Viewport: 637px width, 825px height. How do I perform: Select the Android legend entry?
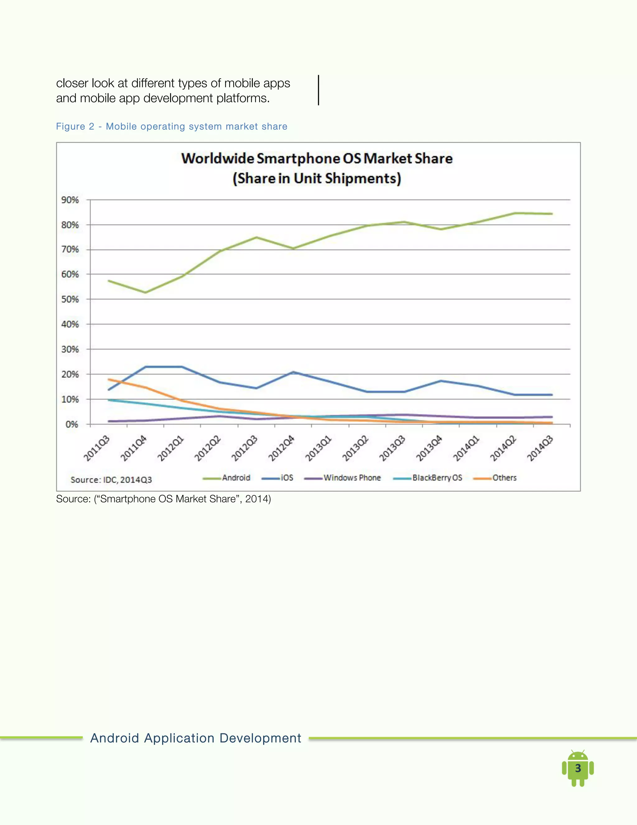click(x=226, y=478)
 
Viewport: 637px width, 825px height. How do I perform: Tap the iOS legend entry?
click(x=278, y=478)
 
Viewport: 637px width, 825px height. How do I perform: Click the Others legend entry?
click(x=495, y=478)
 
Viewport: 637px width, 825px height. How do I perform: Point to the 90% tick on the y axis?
click(x=70, y=200)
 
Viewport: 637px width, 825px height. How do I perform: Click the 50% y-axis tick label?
click(x=70, y=299)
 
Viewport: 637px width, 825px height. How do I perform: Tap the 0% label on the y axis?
click(x=72, y=424)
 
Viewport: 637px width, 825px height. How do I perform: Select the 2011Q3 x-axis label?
click(x=97, y=448)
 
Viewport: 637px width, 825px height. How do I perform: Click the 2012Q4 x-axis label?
click(x=281, y=448)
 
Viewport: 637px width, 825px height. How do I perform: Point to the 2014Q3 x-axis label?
click(x=540, y=448)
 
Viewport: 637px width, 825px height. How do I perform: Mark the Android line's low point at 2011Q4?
click(x=145, y=292)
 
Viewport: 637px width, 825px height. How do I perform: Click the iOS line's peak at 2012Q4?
click(x=293, y=372)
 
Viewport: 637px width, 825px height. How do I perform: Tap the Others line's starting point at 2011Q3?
click(x=109, y=379)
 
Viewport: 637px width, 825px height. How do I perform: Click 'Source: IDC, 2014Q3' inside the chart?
click(x=111, y=480)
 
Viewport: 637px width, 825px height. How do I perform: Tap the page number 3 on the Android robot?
click(x=578, y=768)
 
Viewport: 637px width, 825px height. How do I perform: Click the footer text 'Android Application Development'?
click(x=195, y=738)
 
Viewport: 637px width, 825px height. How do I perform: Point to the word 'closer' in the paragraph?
click(x=72, y=83)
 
